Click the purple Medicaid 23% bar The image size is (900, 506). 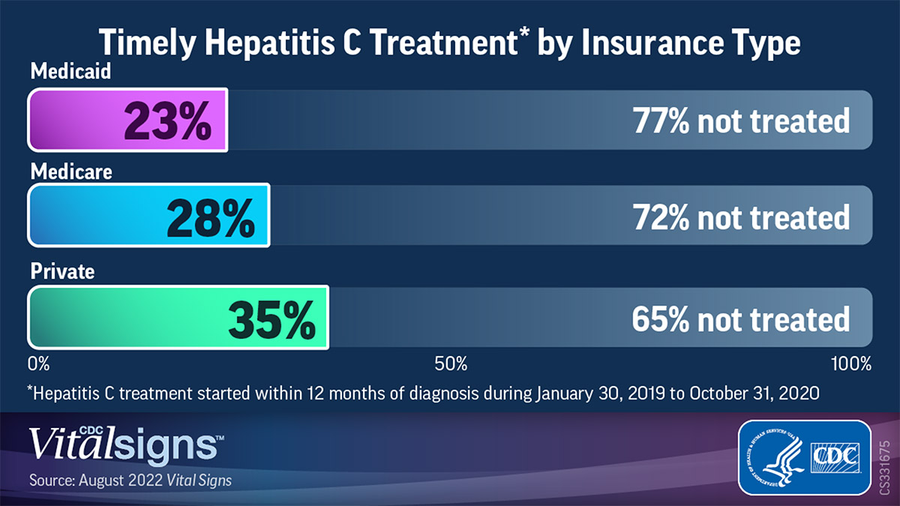coord(127,121)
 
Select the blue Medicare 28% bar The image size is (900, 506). coord(148,215)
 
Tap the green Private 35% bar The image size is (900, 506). coord(178,318)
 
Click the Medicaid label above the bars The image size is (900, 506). coord(70,72)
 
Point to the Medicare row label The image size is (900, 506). coord(71,172)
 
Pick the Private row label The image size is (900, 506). coord(62,271)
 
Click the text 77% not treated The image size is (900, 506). coord(740,121)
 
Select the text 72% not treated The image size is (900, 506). coord(740,217)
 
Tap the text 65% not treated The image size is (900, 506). coord(740,319)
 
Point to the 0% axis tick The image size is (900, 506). coord(39,364)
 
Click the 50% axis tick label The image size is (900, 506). coord(451,364)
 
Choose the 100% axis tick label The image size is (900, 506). coord(850,364)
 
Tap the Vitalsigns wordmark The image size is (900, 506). coord(124,445)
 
